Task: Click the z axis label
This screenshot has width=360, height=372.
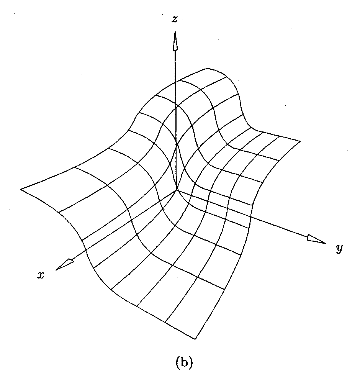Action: pos(175,20)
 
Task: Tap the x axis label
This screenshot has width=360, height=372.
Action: pos(40,275)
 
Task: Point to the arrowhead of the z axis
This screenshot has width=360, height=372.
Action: pos(175,40)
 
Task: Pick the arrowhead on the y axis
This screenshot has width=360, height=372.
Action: pos(316,239)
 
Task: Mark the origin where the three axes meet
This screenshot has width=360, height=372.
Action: pos(177,189)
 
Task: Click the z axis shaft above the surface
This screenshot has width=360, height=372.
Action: pos(175,65)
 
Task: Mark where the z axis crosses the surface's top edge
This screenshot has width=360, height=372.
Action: pos(176,81)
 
